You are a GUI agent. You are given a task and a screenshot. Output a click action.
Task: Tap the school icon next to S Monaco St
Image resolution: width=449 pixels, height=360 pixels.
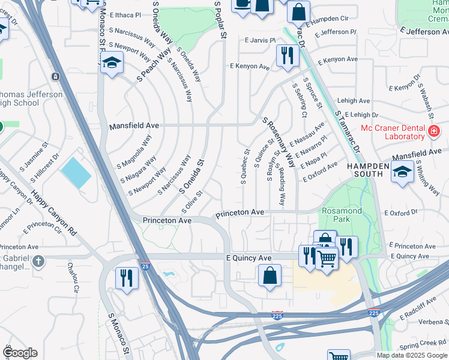click(x=112, y=63)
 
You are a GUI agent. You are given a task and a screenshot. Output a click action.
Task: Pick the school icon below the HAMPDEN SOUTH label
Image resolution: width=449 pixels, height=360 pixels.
click(x=402, y=172)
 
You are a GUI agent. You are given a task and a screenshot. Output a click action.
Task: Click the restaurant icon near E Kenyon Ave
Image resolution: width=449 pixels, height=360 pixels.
click(x=287, y=56)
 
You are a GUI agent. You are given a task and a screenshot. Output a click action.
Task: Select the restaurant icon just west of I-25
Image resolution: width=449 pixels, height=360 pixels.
click(x=127, y=278)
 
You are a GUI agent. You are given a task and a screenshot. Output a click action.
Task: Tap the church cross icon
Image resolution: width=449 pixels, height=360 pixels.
click(x=38, y=261)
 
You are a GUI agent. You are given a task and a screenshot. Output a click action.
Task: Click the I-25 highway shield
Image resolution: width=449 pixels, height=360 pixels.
click(x=145, y=265)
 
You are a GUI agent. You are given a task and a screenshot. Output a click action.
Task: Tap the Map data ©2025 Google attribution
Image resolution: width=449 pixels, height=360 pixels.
click(x=411, y=355)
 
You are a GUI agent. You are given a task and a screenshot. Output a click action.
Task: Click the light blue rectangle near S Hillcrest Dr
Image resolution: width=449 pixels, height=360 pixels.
click(x=76, y=172)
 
